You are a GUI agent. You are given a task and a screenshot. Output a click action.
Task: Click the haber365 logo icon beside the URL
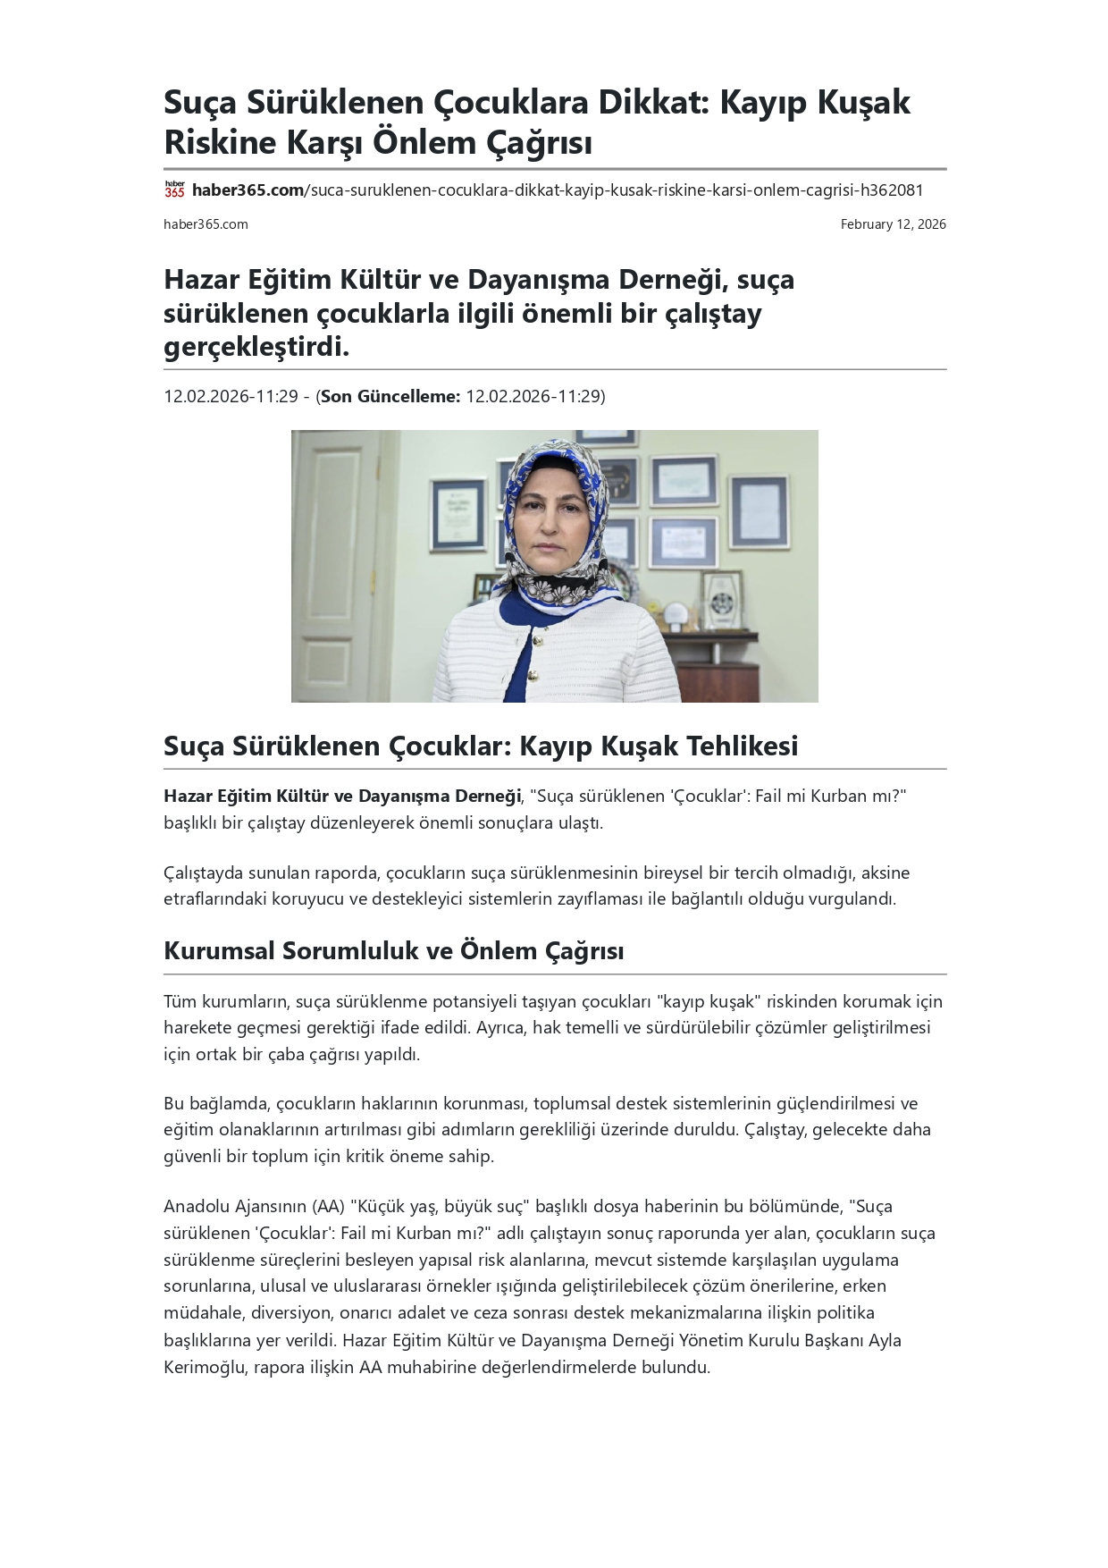174,190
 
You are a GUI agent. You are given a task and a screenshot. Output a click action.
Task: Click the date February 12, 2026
893,224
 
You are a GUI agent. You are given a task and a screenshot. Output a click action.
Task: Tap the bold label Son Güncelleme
390,396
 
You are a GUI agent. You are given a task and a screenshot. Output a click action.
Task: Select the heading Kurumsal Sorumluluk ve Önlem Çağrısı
393,950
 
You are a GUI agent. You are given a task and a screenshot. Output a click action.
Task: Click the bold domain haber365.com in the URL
248,190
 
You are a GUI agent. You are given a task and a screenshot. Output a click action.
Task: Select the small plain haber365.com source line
206,224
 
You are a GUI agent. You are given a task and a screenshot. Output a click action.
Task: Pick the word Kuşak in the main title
866,102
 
